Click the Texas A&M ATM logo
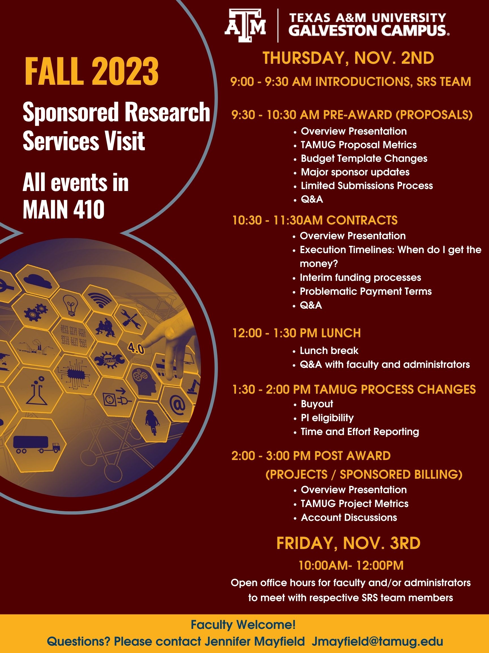pyautogui.click(x=245, y=26)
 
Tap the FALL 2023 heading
pyautogui.click(x=92, y=72)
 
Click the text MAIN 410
pyautogui.click(x=64, y=209)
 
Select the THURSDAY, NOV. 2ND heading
pyautogui.click(x=348, y=58)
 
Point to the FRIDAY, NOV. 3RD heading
pyautogui.click(x=348, y=543)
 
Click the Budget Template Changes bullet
pyautogui.click(x=364, y=158)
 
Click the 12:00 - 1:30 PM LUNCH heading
pyautogui.click(x=297, y=333)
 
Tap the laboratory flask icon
pyautogui.click(x=37, y=390)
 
